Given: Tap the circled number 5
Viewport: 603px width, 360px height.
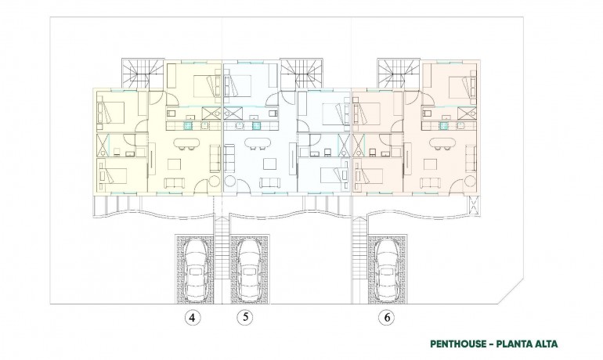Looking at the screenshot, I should (247, 318).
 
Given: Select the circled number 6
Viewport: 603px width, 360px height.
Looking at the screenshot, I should (386, 318).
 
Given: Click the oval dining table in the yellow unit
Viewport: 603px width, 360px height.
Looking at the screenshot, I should (185, 143).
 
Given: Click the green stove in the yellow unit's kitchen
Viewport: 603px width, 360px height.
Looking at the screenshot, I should (189, 123).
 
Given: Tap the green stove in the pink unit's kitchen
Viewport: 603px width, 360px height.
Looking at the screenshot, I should (444, 123).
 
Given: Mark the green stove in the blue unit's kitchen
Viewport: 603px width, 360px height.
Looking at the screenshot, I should (255, 123).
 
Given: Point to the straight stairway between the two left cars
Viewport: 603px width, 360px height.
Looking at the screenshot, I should (222, 254).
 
